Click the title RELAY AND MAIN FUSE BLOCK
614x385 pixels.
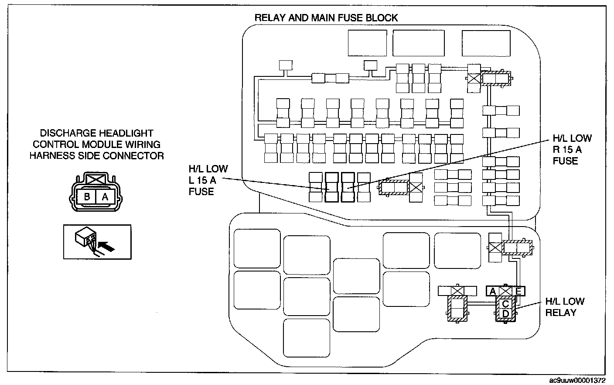click(x=326, y=18)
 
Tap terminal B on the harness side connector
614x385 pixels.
click(x=87, y=197)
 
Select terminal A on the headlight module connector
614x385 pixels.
click(x=105, y=197)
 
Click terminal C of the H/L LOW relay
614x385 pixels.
click(x=506, y=304)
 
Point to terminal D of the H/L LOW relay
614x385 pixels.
click(x=506, y=314)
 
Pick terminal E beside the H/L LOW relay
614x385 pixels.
click(x=518, y=291)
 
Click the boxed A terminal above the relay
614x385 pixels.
click(x=493, y=291)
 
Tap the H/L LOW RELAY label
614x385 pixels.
click(x=565, y=307)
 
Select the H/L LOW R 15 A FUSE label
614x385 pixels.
click(x=572, y=150)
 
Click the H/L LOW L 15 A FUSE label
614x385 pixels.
click(x=208, y=180)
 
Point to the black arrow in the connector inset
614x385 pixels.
click(x=106, y=246)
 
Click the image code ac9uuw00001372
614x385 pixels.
click(x=577, y=380)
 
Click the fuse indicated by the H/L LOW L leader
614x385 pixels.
click(x=332, y=187)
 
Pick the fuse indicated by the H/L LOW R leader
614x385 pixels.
click(x=348, y=187)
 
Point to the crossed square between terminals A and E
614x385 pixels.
click(x=506, y=291)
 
